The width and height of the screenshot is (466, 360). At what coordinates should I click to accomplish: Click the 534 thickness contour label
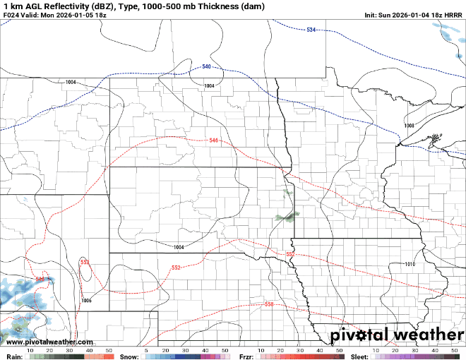[311, 30]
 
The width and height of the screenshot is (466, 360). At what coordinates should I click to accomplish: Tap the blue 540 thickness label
[206, 66]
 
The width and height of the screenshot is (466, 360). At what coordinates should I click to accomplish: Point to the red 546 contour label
[214, 140]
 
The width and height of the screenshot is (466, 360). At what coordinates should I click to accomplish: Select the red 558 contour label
[269, 304]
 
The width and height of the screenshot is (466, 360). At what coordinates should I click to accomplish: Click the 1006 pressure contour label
[86, 301]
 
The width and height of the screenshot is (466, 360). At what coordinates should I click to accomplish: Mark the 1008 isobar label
[409, 126]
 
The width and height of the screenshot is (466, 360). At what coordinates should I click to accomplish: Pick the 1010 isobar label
[410, 264]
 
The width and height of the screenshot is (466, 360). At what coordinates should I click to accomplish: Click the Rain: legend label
[13, 356]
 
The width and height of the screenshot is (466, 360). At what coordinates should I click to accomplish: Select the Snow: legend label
[129, 356]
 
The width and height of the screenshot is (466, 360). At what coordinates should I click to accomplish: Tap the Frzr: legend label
[246, 356]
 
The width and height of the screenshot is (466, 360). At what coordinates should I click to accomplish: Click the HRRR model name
[453, 15]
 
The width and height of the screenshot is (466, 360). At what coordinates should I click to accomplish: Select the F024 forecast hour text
[12, 15]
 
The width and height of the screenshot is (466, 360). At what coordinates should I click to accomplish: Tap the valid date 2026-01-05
[82, 15]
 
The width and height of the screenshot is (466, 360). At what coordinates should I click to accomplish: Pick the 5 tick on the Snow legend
[146, 350]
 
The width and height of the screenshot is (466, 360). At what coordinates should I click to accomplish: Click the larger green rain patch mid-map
[285, 217]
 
